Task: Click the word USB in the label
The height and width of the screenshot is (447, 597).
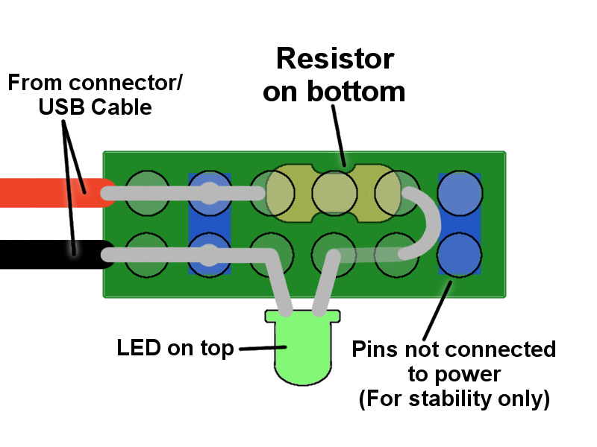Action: click(62, 107)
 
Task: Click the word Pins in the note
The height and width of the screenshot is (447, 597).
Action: click(375, 349)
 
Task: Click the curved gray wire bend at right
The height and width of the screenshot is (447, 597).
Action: click(430, 223)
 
